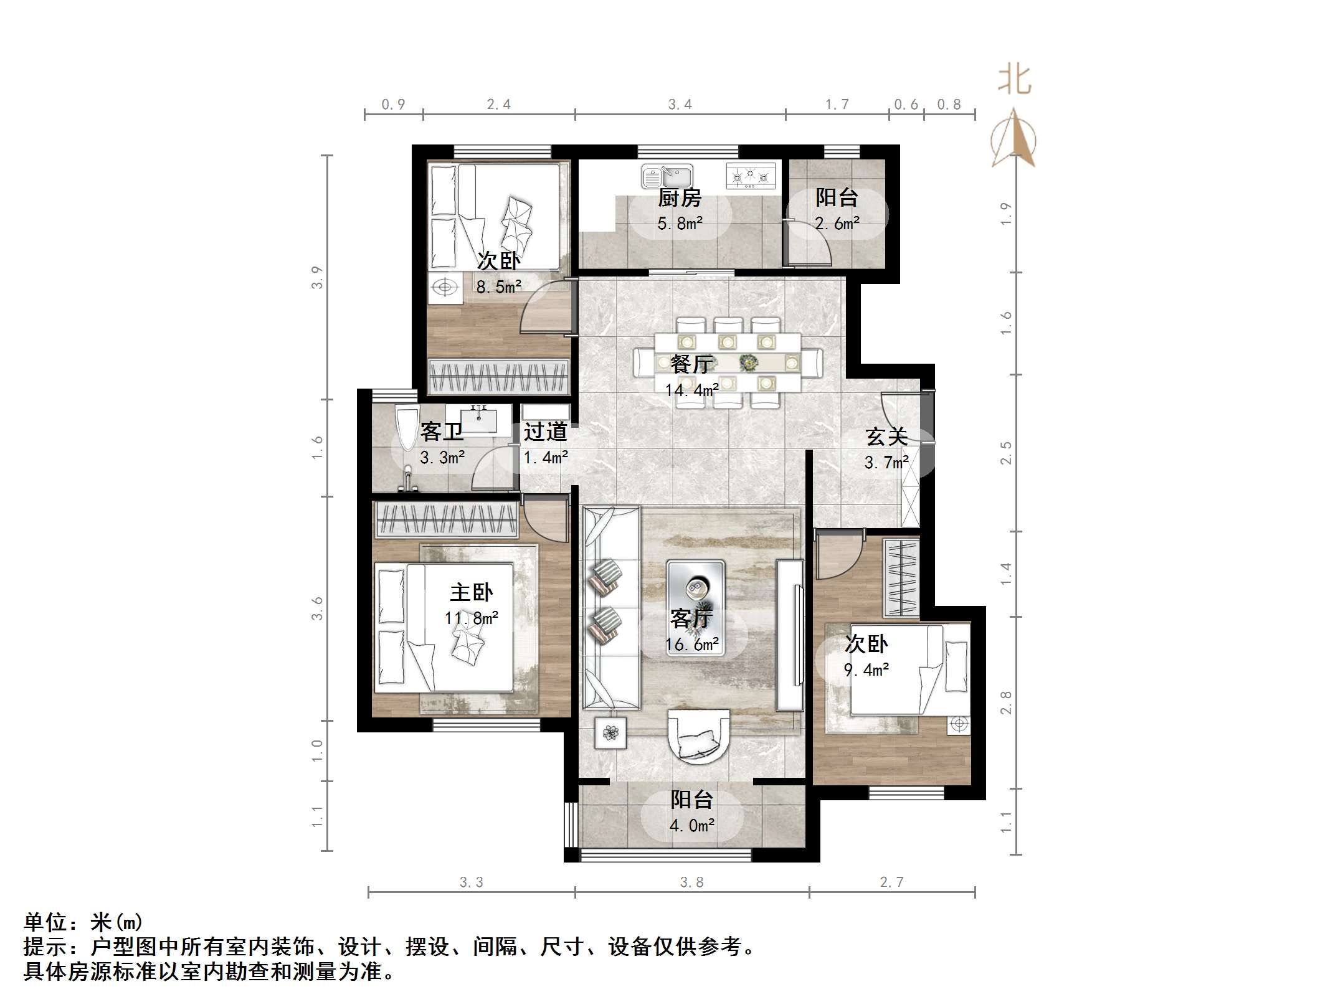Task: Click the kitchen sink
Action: (x=667, y=176)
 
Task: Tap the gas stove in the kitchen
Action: (x=751, y=176)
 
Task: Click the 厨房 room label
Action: (x=680, y=198)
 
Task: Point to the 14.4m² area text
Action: (x=692, y=390)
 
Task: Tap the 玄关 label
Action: (x=886, y=437)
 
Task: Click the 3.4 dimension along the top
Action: (x=680, y=105)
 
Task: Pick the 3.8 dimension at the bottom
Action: (x=692, y=882)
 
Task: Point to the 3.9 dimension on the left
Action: (x=318, y=278)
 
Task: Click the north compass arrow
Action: (x=1014, y=140)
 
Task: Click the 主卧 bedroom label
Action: (x=472, y=592)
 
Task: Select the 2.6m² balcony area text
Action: (x=837, y=224)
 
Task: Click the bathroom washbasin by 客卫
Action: (x=479, y=419)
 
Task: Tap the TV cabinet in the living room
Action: (x=789, y=635)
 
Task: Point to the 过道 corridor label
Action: (x=545, y=432)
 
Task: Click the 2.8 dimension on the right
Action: (x=1005, y=702)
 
